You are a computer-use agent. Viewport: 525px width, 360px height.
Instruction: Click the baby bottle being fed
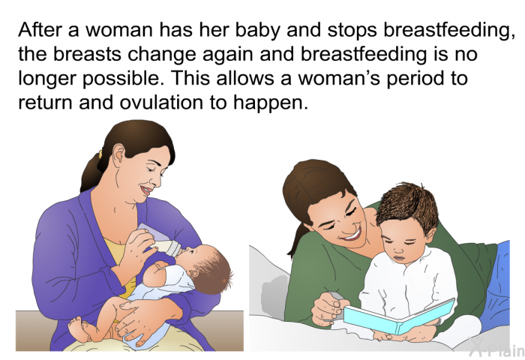pyautogui.click(x=160, y=241)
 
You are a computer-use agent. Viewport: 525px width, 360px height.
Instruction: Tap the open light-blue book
pyautogui.click(x=399, y=316)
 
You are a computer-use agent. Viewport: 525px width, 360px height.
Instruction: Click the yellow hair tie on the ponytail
pyautogui.click(x=100, y=154)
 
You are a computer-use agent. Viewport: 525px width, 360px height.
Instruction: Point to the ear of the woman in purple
pyautogui.click(x=118, y=156)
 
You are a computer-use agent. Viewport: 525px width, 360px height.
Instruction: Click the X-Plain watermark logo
pyautogui.click(x=496, y=347)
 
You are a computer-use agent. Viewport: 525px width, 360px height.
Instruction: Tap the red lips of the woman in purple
pyautogui.click(x=146, y=190)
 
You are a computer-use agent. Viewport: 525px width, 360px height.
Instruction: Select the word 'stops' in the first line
pyautogui.click(x=352, y=30)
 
